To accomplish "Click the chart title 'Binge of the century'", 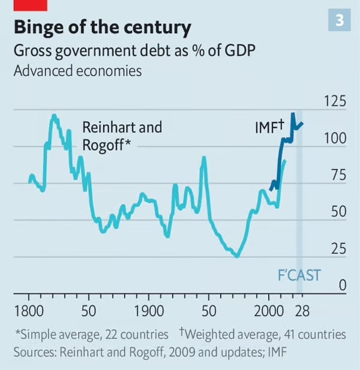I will tap(103, 28).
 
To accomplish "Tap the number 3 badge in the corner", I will tap(340, 21).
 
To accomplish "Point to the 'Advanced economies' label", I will tap(77, 71).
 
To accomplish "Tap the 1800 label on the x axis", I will tap(28, 312).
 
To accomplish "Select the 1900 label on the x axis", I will tap(149, 312).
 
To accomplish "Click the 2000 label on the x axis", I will tap(269, 312).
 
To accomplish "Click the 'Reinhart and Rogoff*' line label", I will tap(122, 136).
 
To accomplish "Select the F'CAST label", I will tap(298, 276).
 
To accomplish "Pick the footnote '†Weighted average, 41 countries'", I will tap(262, 334).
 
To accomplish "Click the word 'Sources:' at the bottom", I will tap(34, 351).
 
